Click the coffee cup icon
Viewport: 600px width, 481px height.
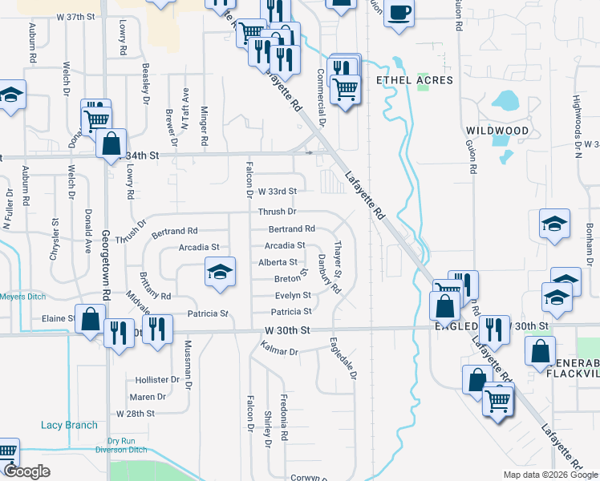pyautogui.click(x=399, y=14)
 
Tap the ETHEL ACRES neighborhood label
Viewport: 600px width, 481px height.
pyautogui.click(x=415, y=80)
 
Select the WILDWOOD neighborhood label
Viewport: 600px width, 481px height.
pyautogui.click(x=497, y=131)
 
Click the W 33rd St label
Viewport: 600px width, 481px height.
pyautogui.click(x=278, y=192)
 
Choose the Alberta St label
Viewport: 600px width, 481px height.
pyautogui.click(x=278, y=262)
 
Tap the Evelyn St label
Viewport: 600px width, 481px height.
pyautogui.click(x=293, y=296)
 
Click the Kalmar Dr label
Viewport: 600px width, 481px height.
pyautogui.click(x=280, y=351)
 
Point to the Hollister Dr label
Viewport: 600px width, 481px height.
pyautogui.click(x=157, y=379)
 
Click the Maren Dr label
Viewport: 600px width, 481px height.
pyautogui.click(x=150, y=397)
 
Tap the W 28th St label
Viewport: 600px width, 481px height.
pyautogui.click(x=134, y=414)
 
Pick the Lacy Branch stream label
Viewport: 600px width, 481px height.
pyautogui.click(x=70, y=426)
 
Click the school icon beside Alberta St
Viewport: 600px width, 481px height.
pyautogui.click(x=220, y=273)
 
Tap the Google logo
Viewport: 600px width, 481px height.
pyautogui.click(x=27, y=472)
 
